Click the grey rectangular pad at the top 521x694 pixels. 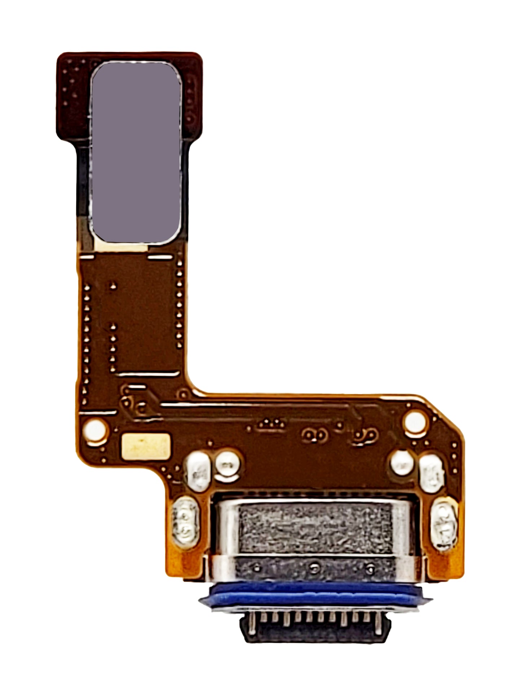tap(136, 153)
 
